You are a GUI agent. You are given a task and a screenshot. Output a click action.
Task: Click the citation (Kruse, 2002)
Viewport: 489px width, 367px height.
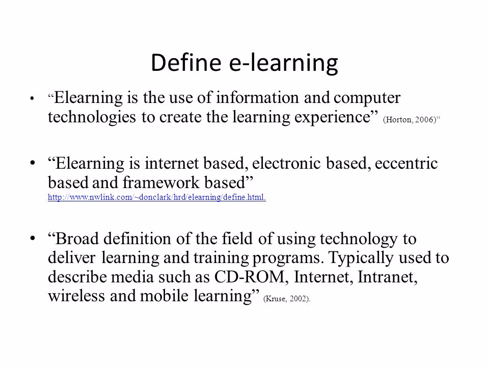point(286,299)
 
